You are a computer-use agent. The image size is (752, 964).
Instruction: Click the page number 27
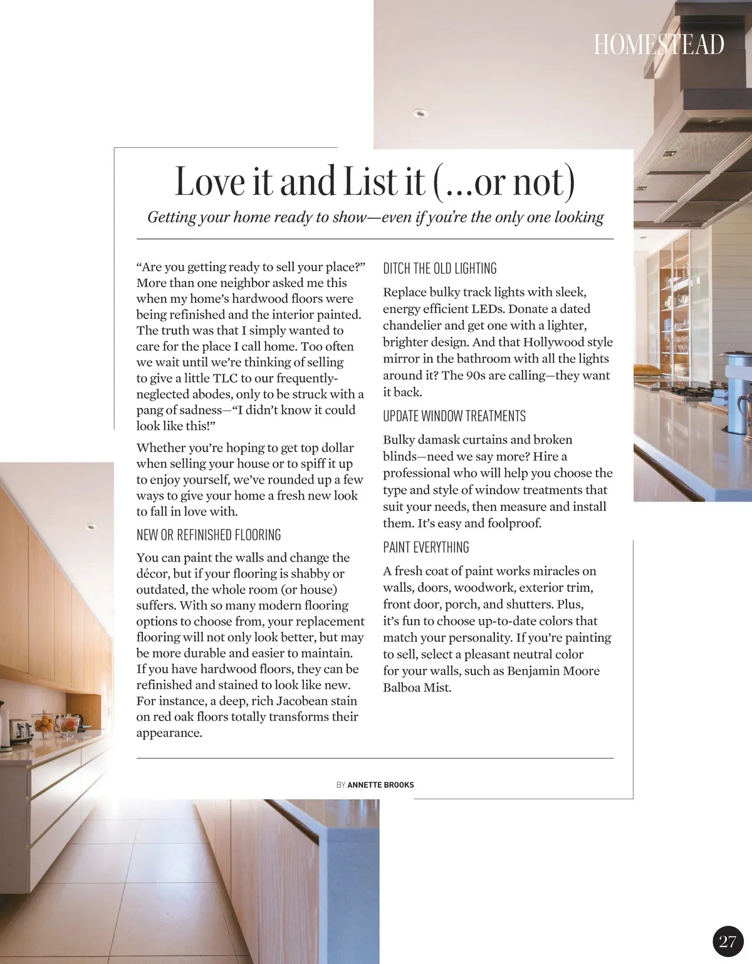coord(728,941)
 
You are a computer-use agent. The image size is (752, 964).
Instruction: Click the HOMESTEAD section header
coord(659,45)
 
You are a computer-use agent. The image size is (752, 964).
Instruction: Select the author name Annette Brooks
coord(380,785)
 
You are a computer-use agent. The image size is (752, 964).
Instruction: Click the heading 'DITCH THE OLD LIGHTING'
coord(439,269)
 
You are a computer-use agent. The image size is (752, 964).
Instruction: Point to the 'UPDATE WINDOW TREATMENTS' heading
coord(454,416)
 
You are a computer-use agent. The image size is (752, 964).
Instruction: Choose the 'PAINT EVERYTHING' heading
coord(426,547)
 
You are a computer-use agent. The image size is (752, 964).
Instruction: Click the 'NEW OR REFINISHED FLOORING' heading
coord(209,535)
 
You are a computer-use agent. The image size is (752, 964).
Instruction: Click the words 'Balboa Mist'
coord(417,688)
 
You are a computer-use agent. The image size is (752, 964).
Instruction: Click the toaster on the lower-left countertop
coord(20,731)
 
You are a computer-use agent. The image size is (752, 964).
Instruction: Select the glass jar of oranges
coord(44,723)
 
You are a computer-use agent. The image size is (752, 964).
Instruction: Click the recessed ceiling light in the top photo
coord(419,113)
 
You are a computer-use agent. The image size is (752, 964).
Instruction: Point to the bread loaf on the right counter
coord(649,369)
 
